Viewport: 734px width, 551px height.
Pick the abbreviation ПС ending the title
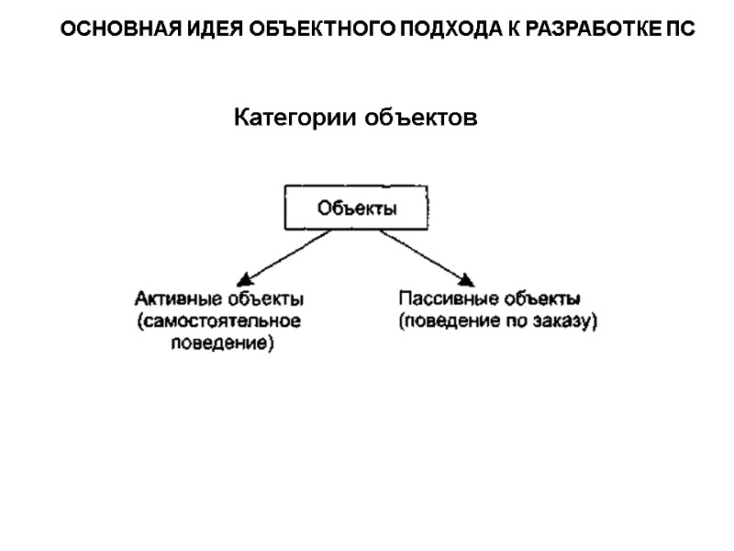680,29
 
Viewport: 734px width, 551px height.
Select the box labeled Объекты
357,208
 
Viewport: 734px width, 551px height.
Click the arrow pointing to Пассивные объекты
427,257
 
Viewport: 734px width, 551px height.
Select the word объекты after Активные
266,299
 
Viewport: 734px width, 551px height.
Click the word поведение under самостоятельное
220,345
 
